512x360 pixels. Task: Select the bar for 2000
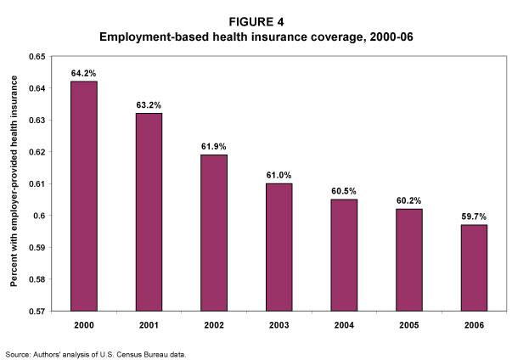[84, 195]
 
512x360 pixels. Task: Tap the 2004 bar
[345, 255]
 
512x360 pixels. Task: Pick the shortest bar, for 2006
[475, 267]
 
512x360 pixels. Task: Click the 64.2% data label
[84, 73]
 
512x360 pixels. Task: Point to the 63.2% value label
[149, 105]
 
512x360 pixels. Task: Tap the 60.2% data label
[410, 200]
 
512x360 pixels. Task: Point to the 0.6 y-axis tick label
[40, 216]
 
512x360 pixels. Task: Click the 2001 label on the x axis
[149, 325]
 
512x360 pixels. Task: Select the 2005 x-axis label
[410, 325]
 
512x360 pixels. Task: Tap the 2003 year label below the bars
[279, 325]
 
